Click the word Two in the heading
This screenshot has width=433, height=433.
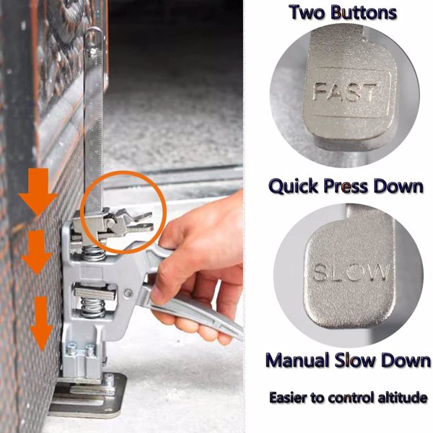click(307, 13)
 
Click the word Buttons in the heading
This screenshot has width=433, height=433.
click(364, 13)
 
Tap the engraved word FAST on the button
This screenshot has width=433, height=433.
click(344, 92)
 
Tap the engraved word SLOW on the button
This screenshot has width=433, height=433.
click(351, 273)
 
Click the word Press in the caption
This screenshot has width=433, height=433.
click(346, 186)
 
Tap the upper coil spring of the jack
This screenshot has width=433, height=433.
click(94, 253)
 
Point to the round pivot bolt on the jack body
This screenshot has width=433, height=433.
click(128, 293)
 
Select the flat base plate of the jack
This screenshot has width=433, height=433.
click(88, 395)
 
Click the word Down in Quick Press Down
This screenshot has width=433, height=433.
click(398, 186)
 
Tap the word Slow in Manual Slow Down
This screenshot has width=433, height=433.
click(357, 360)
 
